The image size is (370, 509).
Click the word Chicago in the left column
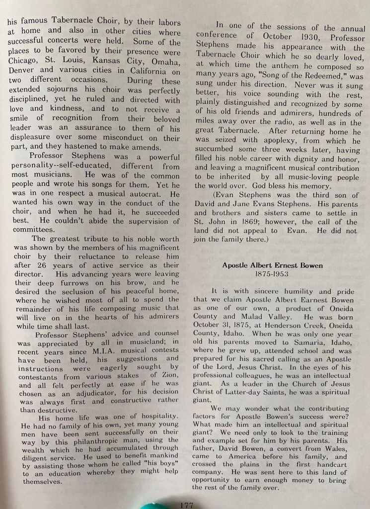(x=23, y=61)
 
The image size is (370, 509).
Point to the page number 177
(x=186, y=504)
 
